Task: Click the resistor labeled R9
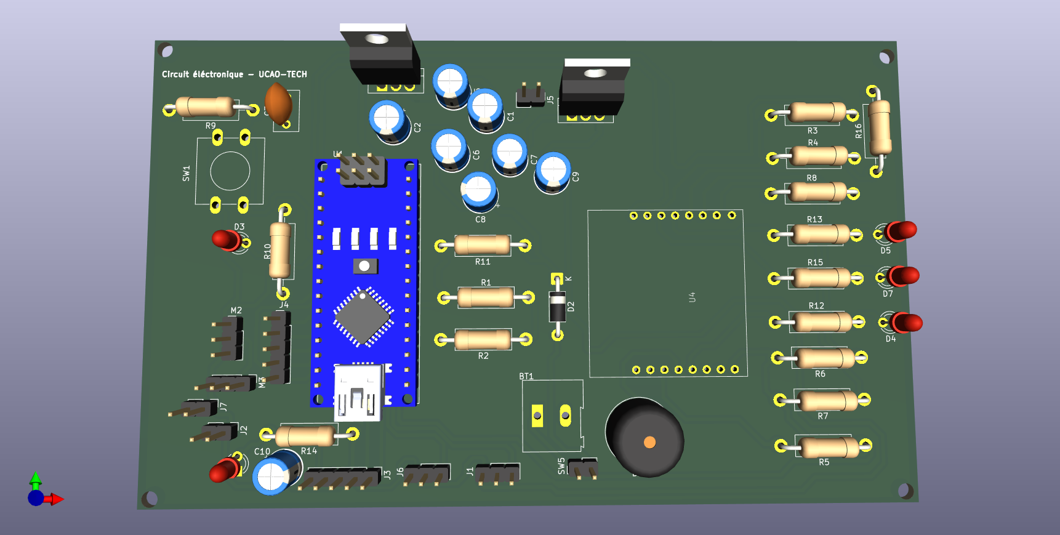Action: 205,107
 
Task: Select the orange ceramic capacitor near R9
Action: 278,103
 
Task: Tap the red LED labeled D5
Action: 901,231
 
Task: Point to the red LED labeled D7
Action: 904,276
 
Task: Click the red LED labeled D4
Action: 907,323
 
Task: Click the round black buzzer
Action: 645,437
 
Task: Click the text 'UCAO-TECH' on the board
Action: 283,74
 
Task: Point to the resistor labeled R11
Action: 482,245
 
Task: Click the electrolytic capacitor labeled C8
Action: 478,191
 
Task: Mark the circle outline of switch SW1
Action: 230,171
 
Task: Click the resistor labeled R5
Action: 829,447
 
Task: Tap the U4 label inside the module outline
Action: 692,297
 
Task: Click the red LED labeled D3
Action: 227,239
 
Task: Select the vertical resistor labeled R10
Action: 280,251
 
